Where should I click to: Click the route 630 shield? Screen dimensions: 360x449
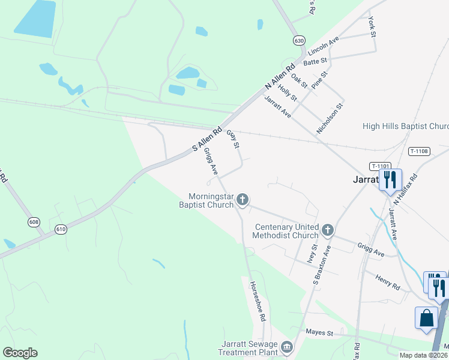(x=299, y=40)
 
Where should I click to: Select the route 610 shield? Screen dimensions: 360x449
(x=61, y=229)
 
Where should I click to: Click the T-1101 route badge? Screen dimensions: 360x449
(x=381, y=166)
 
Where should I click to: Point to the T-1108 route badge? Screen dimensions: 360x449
(x=418, y=151)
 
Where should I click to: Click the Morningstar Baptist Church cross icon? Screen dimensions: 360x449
(x=243, y=199)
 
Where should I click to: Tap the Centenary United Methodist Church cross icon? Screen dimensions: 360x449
(x=328, y=229)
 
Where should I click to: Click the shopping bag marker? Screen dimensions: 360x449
(x=426, y=318)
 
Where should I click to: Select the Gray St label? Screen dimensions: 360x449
(x=233, y=140)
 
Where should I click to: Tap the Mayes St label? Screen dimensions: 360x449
(x=319, y=332)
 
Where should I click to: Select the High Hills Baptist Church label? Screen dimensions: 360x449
(x=406, y=127)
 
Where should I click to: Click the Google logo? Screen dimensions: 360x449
(x=20, y=353)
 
